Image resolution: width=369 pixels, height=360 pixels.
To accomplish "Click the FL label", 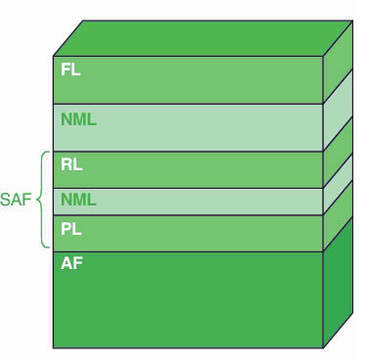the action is (x=70, y=69).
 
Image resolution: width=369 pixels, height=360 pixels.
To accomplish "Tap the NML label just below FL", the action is (x=78, y=119).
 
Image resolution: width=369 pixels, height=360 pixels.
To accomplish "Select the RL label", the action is (x=71, y=164).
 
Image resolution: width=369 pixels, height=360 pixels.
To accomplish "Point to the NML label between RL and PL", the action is (x=78, y=200).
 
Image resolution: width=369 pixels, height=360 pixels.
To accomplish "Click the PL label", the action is (x=71, y=229).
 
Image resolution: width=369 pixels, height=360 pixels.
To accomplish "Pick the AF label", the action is (x=71, y=263).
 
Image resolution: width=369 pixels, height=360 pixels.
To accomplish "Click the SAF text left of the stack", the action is (x=16, y=200).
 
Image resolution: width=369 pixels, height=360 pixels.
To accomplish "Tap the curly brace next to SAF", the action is (x=40, y=200).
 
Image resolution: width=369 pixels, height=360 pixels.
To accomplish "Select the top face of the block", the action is (x=203, y=38).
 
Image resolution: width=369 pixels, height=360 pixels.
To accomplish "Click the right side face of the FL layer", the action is (x=338, y=62).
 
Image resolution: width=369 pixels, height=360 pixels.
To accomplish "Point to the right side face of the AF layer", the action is (x=338, y=283).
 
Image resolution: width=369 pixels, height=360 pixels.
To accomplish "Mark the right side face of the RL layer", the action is (x=338, y=153).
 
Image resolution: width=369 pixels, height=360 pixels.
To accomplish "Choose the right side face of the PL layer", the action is (x=338, y=216).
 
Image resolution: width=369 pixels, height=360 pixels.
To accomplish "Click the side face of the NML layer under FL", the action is (x=338, y=111).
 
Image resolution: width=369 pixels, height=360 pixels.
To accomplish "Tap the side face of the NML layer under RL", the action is (x=338, y=185).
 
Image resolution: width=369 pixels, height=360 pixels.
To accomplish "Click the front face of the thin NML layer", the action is (x=188, y=202).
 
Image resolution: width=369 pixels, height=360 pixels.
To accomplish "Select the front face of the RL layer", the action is (x=188, y=170).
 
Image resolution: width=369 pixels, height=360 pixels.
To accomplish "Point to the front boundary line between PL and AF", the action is (x=188, y=251).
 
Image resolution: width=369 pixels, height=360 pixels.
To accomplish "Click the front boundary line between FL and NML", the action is (x=188, y=104).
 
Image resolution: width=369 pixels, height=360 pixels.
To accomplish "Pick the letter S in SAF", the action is (x=6, y=200).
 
